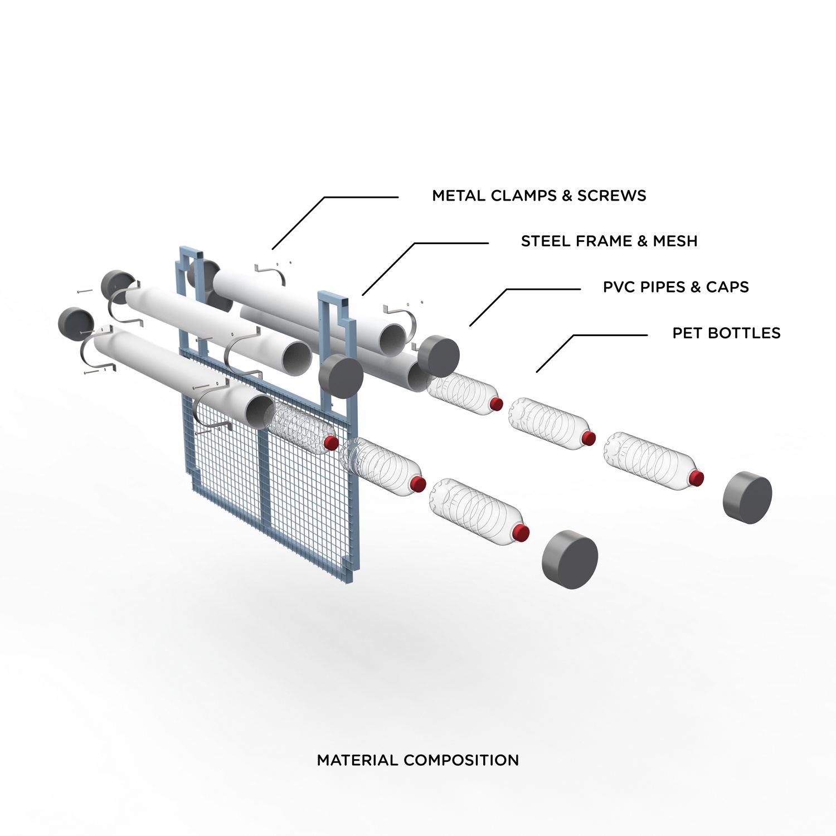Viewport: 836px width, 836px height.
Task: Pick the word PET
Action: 685,333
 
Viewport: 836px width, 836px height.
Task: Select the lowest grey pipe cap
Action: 570,560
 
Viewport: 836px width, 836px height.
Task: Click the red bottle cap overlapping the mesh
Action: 331,443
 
